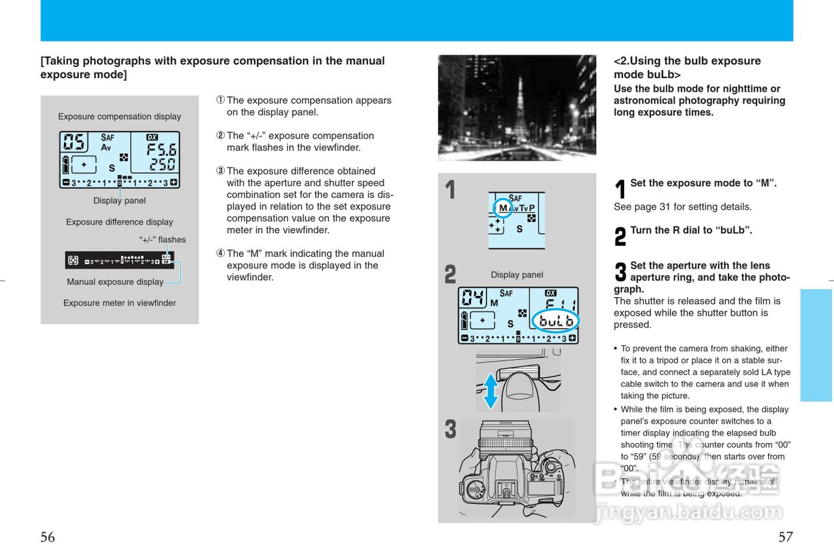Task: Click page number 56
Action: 48,537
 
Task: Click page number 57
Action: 786,537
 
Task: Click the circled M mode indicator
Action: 502,208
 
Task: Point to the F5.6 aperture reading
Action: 161,148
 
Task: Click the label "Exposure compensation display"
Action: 119,117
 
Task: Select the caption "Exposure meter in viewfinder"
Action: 119,303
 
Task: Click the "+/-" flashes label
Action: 162,240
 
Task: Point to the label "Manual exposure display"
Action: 115,282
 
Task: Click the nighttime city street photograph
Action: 517,107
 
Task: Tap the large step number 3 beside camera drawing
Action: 450,431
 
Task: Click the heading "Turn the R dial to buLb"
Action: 691,231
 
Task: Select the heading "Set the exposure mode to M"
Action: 703,184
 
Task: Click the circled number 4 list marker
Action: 220,253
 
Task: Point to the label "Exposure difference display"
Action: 119,222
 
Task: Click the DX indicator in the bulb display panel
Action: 551,293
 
